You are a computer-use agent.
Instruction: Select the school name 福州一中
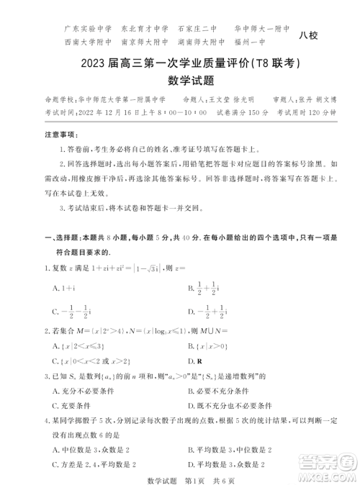pyautogui.click(x=271, y=42)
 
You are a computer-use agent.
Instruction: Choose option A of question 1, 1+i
pyautogui.click(x=60, y=287)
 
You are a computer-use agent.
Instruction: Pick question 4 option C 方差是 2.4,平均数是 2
pyautogui.click(x=94, y=465)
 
